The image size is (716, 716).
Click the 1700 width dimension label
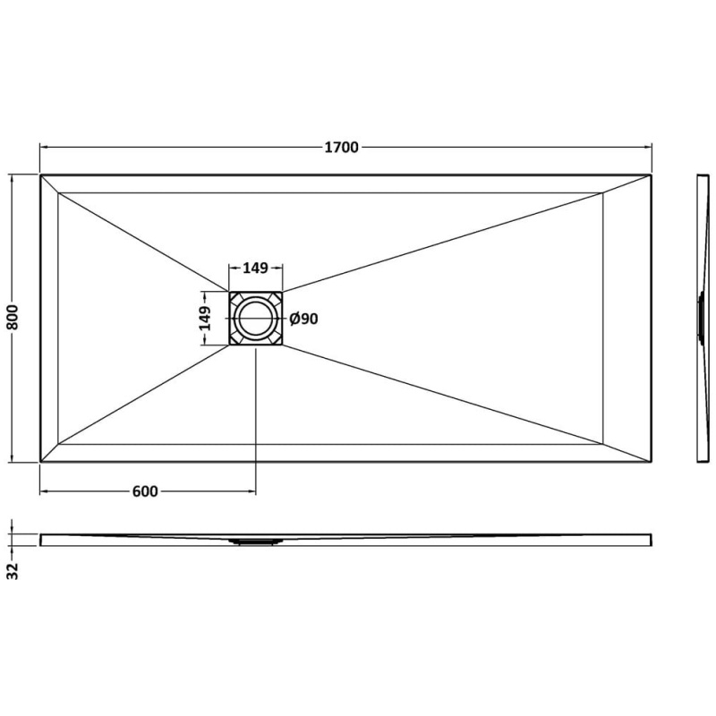click(342, 148)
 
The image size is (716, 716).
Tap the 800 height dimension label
click(13, 318)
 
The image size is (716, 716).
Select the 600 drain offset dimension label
click(145, 491)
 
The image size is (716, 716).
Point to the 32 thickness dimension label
click(13, 571)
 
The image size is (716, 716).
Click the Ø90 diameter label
click(303, 319)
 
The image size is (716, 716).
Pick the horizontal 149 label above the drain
click(255, 268)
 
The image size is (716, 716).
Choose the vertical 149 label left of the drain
click(205, 319)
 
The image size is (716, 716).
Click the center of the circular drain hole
click(256, 319)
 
